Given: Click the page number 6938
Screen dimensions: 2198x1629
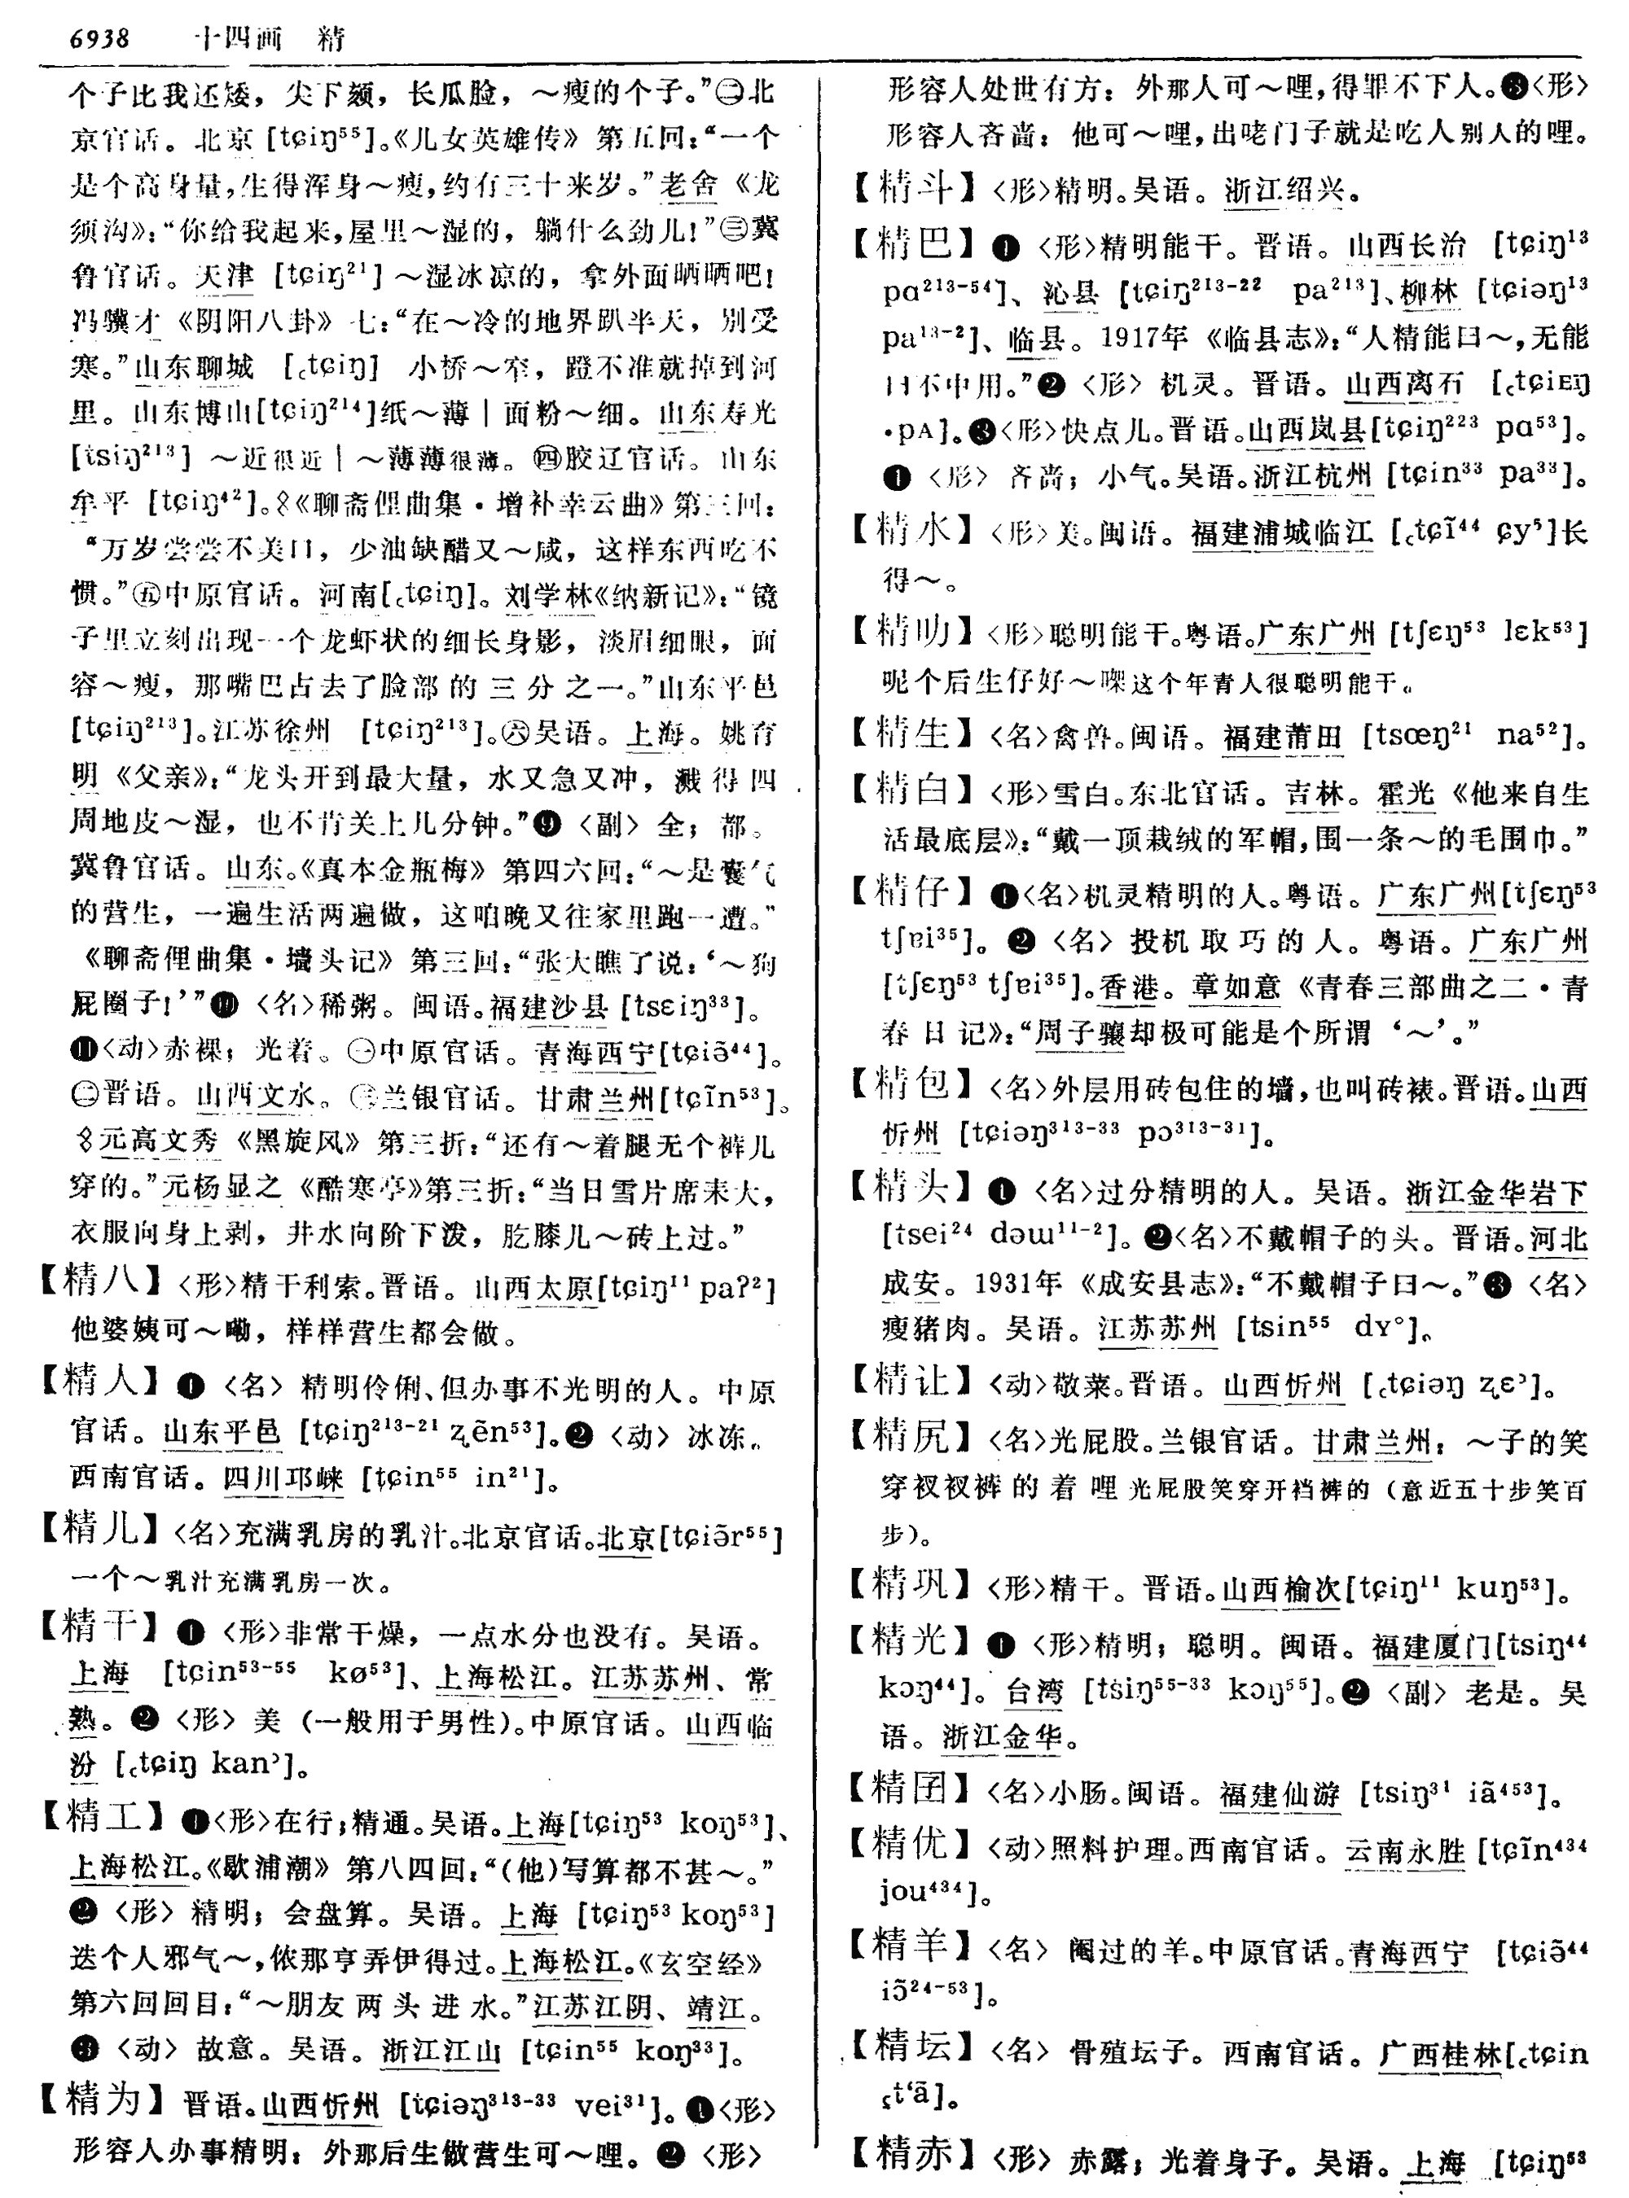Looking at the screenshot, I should click(99, 38).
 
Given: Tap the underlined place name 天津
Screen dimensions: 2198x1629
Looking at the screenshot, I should click(225, 275).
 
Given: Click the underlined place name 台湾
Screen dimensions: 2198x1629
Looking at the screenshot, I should click(1034, 1692).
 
